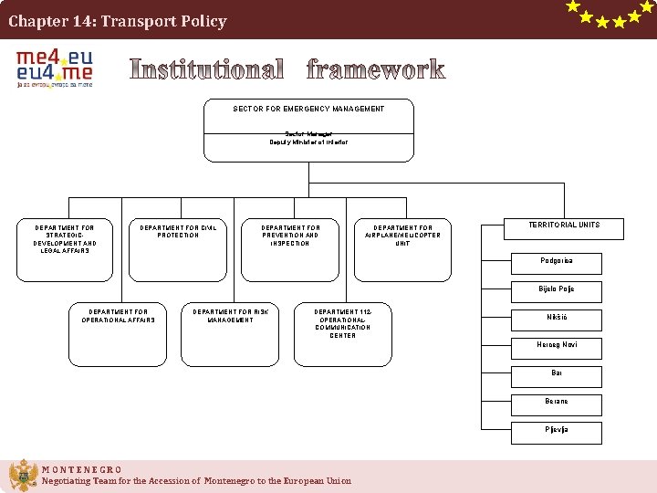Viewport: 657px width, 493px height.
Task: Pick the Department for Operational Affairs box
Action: pyautogui.click(x=119, y=332)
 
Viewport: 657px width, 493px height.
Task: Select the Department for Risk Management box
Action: pyautogui.click(x=230, y=332)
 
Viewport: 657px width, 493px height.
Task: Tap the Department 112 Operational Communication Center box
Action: pyautogui.click(x=342, y=332)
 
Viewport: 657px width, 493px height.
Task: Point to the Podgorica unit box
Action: pyautogui.click(x=557, y=262)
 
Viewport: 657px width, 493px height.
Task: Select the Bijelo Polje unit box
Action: pyautogui.click(x=557, y=290)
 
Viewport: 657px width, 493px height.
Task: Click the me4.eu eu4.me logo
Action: pyautogui.click(x=55, y=68)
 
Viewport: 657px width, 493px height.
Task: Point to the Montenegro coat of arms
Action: pyautogui.click(x=23, y=476)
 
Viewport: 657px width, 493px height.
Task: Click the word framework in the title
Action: pyautogui.click(x=376, y=69)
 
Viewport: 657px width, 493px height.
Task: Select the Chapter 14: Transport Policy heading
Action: pyautogui.click(x=118, y=21)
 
